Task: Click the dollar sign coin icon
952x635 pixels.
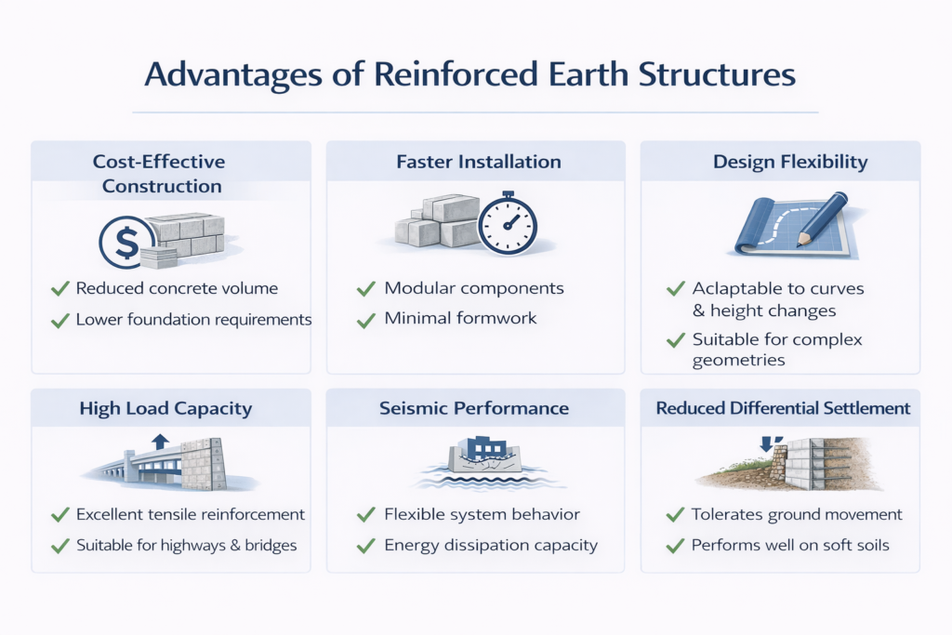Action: tap(126, 243)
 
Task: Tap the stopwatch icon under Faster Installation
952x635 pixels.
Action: tap(508, 227)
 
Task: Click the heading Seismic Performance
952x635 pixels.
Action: tap(475, 407)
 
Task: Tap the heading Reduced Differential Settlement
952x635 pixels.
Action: tap(783, 407)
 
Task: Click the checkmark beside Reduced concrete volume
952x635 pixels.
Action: tap(60, 289)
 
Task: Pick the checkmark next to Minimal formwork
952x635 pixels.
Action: tap(366, 319)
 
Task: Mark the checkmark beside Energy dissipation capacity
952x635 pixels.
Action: tap(366, 546)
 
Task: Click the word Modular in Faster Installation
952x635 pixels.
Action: tap(420, 288)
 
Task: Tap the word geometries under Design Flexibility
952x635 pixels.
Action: tap(739, 361)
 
